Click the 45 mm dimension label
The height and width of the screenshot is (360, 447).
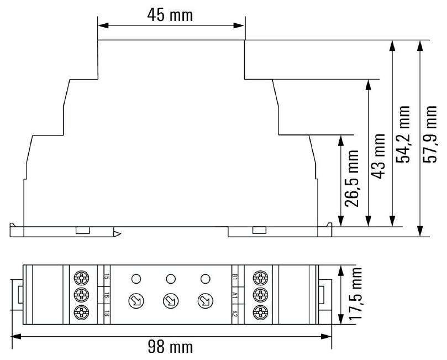tap(170, 14)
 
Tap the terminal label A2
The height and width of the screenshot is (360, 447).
tap(235, 313)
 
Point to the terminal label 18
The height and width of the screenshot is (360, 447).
tap(106, 313)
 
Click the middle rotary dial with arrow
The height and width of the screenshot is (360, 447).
tap(170, 301)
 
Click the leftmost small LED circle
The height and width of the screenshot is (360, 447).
tap(135, 278)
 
